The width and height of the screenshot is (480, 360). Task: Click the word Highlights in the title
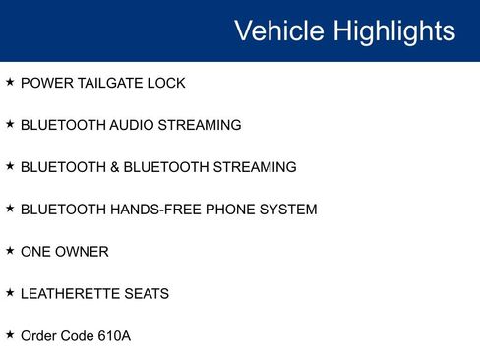point(394,30)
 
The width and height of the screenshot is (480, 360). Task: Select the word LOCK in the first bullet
point(165,84)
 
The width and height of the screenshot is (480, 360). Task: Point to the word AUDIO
point(129,126)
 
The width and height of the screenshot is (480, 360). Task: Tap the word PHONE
point(233,210)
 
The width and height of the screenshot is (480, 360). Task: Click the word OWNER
point(84,252)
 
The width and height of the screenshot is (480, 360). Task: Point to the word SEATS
point(148,294)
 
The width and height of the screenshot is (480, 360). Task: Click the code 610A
point(114,336)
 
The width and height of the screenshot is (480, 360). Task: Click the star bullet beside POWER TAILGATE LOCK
point(10,83)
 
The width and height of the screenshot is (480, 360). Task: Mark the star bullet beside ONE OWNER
point(10,251)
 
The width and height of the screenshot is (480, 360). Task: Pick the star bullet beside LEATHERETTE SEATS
point(10,293)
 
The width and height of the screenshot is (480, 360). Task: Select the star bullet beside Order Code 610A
point(10,335)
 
